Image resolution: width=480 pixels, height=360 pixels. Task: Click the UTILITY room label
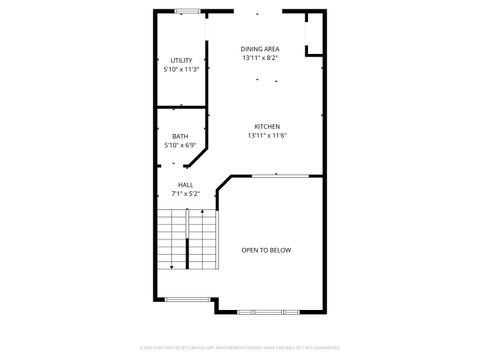(x=181, y=61)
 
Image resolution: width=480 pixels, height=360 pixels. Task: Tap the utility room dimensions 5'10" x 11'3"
(x=181, y=70)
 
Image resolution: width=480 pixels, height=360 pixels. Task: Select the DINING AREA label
(x=260, y=49)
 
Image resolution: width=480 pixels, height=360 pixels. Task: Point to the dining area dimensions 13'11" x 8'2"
(x=260, y=58)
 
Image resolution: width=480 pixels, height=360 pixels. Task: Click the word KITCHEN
(x=266, y=126)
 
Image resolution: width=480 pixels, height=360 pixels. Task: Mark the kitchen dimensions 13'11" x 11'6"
(x=266, y=135)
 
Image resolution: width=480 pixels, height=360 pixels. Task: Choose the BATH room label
(x=180, y=136)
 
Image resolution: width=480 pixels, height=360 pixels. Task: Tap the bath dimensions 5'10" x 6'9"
(x=180, y=145)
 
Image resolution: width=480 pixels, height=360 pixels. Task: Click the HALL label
(x=186, y=184)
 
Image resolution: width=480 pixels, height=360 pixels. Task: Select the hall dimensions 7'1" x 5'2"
(x=186, y=193)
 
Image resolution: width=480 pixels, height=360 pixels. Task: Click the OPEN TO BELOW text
(x=267, y=250)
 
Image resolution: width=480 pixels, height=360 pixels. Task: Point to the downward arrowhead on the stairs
(x=173, y=267)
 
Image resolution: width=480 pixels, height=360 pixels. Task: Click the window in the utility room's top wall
(x=185, y=11)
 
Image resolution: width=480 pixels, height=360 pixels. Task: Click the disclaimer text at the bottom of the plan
(x=240, y=348)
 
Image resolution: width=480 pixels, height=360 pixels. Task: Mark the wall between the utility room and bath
(x=181, y=104)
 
